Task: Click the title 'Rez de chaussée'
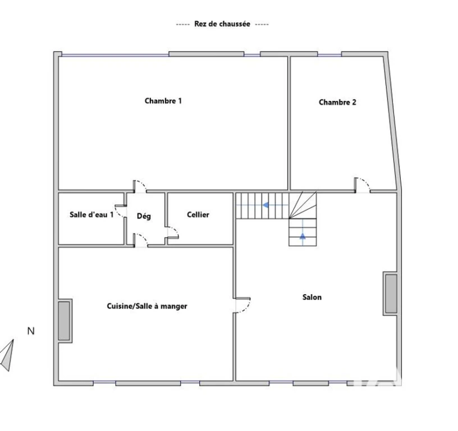point(222,24)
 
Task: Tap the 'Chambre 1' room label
point(163,101)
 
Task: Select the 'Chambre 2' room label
point(337,102)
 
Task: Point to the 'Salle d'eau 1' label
point(91,214)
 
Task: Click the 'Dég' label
point(144,216)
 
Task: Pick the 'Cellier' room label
point(198,214)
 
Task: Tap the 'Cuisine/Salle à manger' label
point(147,306)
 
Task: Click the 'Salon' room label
point(312,297)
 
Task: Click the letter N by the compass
point(31,331)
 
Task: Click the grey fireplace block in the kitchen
point(64,321)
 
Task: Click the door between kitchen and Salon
point(243,305)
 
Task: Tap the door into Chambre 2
point(363,185)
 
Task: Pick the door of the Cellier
point(173,233)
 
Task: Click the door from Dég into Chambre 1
point(140,186)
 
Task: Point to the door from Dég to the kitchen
point(140,240)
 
